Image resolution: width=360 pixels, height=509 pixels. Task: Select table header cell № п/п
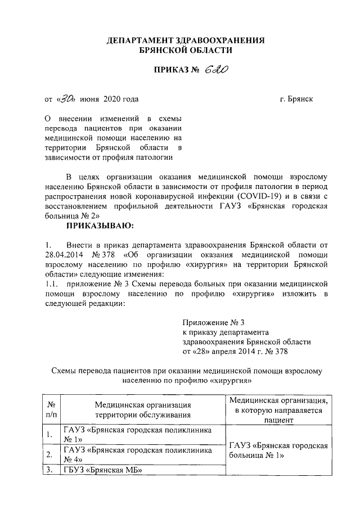51,409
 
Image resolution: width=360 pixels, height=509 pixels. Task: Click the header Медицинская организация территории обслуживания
142,409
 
